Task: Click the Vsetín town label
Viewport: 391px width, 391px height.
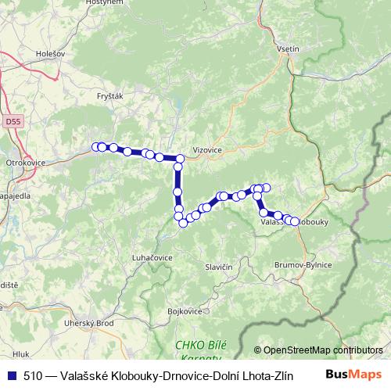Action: [x=288, y=48]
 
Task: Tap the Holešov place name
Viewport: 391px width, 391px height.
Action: [x=51, y=54]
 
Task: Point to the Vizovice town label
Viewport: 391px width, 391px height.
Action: [x=207, y=148]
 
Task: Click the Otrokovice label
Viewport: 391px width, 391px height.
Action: [x=26, y=162]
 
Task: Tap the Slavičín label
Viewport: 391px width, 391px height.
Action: [x=219, y=267]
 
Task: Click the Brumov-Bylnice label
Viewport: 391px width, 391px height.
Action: [x=303, y=265]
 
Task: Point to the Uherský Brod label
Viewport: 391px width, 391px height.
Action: [x=89, y=323]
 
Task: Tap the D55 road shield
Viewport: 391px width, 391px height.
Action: [x=11, y=122]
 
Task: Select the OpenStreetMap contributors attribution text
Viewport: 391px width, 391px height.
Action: [x=322, y=350]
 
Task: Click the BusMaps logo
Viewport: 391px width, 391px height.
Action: [x=358, y=375]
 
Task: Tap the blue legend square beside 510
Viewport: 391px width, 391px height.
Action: [x=10, y=375]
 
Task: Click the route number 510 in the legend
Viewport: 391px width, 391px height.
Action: [x=34, y=375]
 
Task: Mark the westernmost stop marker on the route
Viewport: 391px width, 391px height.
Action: [x=96, y=146]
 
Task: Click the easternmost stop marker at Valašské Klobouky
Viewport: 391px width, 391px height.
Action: [x=295, y=221]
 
